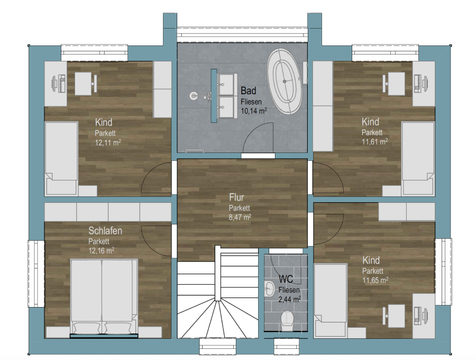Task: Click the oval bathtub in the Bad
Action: coord(285,81)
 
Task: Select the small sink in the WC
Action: coord(269,288)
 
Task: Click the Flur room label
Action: coord(236,197)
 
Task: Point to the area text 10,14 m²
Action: coord(254,111)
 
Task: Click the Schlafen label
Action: coord(105,231)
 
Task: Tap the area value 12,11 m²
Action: coord(108,142)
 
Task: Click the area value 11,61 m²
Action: coord(374,141)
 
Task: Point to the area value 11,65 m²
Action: coord(375,280)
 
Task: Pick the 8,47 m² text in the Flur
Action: coord(240,217)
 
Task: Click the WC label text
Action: coord(286,279)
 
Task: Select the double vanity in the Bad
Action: coord(224,96)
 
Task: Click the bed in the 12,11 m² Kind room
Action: coord(61,158)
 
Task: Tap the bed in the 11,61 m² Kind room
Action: coord(418,158)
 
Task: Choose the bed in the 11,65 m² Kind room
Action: coord(331,301)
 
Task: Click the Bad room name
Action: coord(249,91)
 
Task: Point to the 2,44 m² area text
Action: coord(290,299)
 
